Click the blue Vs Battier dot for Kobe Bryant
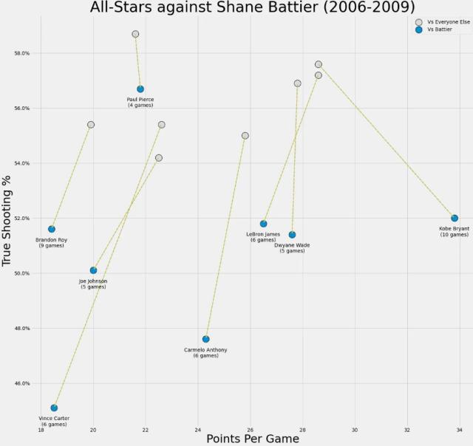(455, 218)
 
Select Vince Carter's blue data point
(54, 408)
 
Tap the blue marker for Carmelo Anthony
(205, 339)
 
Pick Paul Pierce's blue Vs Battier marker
(140, 89)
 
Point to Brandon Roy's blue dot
(52, 229)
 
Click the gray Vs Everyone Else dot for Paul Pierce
(135, 34)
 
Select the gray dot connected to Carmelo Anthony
(245, 135)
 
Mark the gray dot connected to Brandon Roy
(91, 125)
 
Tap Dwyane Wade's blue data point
(292, 235)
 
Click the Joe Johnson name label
(93, 281)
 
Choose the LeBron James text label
(263, 234)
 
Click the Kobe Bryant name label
(454, 229)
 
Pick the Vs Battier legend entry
(440, 30)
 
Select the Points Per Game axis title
(253, 439)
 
